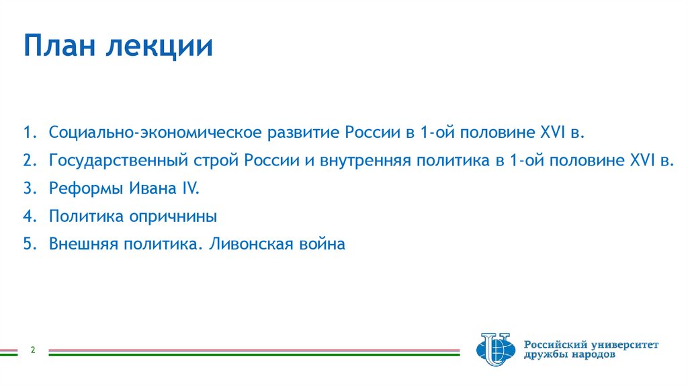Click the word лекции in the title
[162, 47]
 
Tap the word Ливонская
[252, 244]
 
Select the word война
[322, 244]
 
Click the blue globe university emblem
[494, 349]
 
